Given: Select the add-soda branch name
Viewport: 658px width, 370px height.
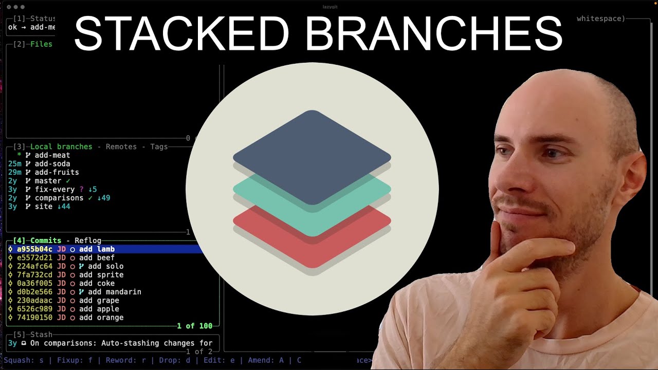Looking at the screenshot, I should [x=52, y=163].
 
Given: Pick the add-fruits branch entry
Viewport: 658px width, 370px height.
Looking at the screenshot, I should [x=57, y=172].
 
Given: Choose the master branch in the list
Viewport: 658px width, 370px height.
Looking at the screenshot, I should [x=48, y=181].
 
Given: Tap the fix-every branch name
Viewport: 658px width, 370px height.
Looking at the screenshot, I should [x=54, y=190].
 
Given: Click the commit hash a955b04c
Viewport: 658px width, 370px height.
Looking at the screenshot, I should [x=34, y=249].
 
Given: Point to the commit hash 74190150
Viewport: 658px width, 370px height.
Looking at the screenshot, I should [x=34, y=318].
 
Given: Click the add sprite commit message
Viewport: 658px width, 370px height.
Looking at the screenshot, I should [x=101, y=275].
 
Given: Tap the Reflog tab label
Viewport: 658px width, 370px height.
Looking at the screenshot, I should [x=88, y=240].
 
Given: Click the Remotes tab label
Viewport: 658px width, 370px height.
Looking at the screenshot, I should [x=121, y=146].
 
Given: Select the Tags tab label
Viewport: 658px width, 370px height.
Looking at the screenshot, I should [x=159, y=146].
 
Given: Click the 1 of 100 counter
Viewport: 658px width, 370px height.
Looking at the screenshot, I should [x=194, y=326].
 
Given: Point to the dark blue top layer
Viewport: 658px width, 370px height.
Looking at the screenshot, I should [x=312, y=154].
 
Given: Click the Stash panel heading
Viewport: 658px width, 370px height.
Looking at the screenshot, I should [x=41, y=335].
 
